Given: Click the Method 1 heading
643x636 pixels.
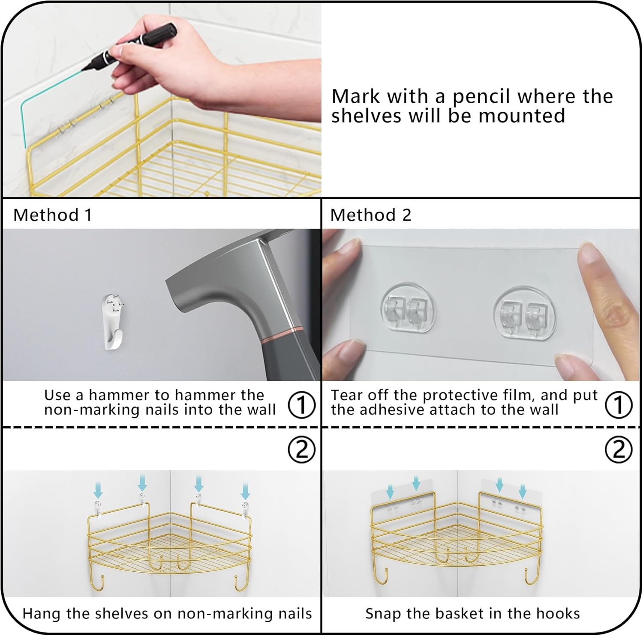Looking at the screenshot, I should coord(52,215).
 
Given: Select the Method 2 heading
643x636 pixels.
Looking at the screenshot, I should coord(370,215).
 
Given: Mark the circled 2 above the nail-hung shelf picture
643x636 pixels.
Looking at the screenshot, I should coord(302,449).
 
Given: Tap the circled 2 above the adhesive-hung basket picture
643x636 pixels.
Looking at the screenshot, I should coord(618,449).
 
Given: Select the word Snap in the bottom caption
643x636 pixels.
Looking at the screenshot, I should coord(383,613).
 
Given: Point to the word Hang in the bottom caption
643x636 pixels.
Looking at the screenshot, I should coord(42,613).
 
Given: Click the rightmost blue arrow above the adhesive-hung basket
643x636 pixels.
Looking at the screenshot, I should coord(522,490).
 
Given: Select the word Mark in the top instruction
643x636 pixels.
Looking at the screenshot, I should coord(356,96).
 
